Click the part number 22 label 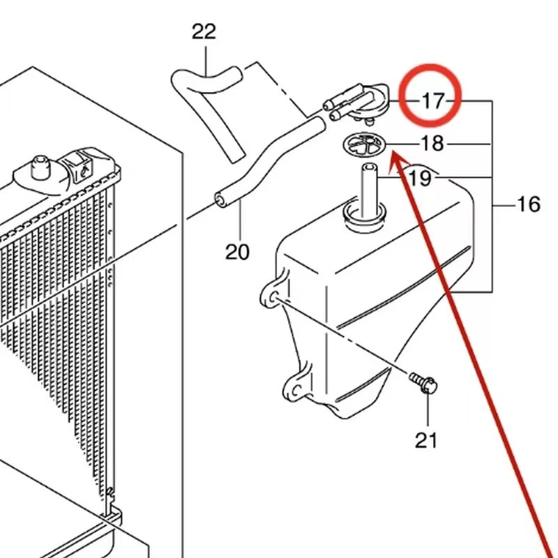click(x=204, y=31)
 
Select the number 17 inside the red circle click(x=432, y=101)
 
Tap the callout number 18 click(x=432, y=144)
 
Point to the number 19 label click(x=420, y=178)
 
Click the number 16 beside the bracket click(x=529, y=204)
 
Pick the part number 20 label click(x=237, y=251)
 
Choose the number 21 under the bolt click(x=426, y=439)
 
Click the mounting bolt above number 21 click(x=424, y=382)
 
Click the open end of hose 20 click(x=221, y=201)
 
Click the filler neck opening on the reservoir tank click(x=363, y=213)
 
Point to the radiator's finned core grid click(x=56, y=314)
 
